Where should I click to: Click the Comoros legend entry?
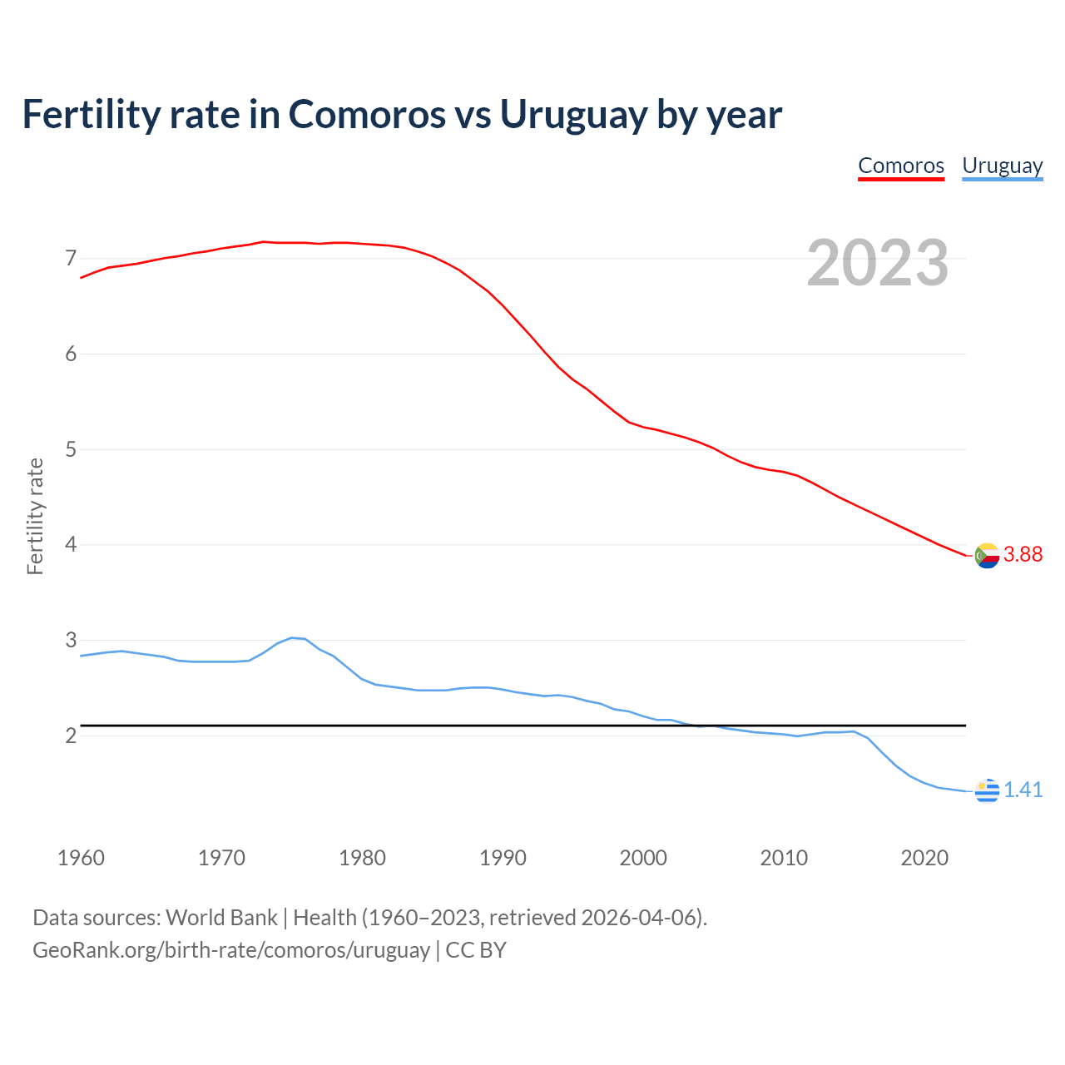pyautogui.click(x=901, y=166)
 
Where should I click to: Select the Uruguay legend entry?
pyautogui.click(x=1002, y=166)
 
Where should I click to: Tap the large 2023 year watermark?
pyautogui.click(x=877, y=263)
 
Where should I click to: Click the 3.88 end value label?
pyautogui.click(x=1023, y=554)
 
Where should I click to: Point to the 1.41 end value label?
pyautogui.click(x=1023, y=790)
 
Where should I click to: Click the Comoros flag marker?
pyautogui.click(x=987, y=556)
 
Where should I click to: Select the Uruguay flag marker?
pyautogui.click(x=987, y=790)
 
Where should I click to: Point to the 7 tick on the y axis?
pyautogui.click(x=71, y=259)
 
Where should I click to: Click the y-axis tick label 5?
pyautogui.click(x=71, y=450)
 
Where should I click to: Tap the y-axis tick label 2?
pyautogui.click(x=71, y=736)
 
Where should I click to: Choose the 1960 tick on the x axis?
pyautogui.click(x=81, y=858)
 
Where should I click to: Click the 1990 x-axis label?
pyautogui.click(x=503, y=858)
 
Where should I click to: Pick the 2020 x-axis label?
pyautogui.click(x=924, y=858)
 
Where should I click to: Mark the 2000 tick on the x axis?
pyautogui.click(x=643, y=858)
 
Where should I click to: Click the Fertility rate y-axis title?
pyautogui.click(x=35, y=516)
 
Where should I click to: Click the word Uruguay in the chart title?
pyautogui.click(x=573, y=115)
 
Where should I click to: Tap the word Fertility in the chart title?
pyautogui.click(x=90, y=115)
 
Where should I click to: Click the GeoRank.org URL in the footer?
pyautogui.click(x=230, y=950)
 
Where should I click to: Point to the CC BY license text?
pyautogui.click(x=476, y=950)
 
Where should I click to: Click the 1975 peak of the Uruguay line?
pyautogui.click(x=291, y=637)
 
